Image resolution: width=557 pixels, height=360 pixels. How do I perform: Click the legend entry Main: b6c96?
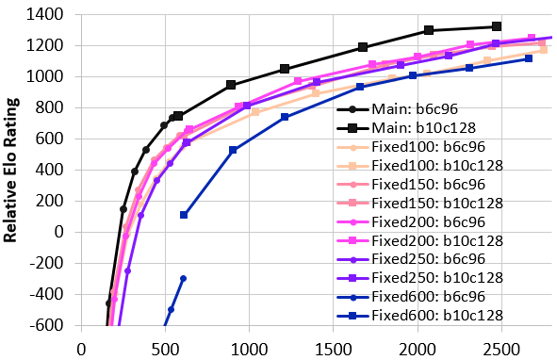(x=398, y=108)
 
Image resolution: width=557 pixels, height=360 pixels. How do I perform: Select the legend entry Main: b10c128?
(x=406, y=127)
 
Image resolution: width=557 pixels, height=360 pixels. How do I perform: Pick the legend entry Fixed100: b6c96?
(x=411, y=146)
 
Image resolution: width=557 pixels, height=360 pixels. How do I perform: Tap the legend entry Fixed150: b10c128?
(x=420, y=203)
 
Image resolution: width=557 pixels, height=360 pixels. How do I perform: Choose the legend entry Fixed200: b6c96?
(x=411, y=221)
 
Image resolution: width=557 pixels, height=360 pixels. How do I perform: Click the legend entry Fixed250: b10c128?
(x=420, y=278)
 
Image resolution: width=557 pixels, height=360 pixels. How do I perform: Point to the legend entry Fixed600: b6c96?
(x=411, y=296)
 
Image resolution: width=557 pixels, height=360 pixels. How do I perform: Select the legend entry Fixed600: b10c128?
(x=420, y=315)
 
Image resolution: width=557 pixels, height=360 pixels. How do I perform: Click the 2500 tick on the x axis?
(x=501, y=350)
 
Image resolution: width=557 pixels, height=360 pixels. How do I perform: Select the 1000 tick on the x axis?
(x=249, y=350)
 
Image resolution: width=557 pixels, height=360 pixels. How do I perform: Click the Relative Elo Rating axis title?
(x=10, y=171)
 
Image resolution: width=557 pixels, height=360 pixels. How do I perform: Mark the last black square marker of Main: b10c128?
(x=497, y=26)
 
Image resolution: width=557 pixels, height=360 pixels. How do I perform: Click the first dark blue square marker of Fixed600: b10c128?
(x=184, y=215)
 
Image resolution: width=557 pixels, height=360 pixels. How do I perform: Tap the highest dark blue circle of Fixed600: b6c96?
(x=183, y=279)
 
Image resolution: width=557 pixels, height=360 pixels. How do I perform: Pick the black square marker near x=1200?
(x=285, y=69)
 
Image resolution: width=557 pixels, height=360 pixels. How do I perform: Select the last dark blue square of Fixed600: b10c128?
(x=529, y=58)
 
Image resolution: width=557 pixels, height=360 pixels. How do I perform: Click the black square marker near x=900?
(x=231, y=85)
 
